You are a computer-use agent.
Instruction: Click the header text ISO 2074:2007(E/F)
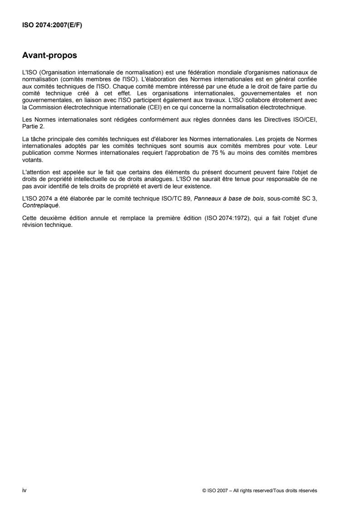click(x=49, y=25)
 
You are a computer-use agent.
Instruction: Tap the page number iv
click(x=25, y=490)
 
